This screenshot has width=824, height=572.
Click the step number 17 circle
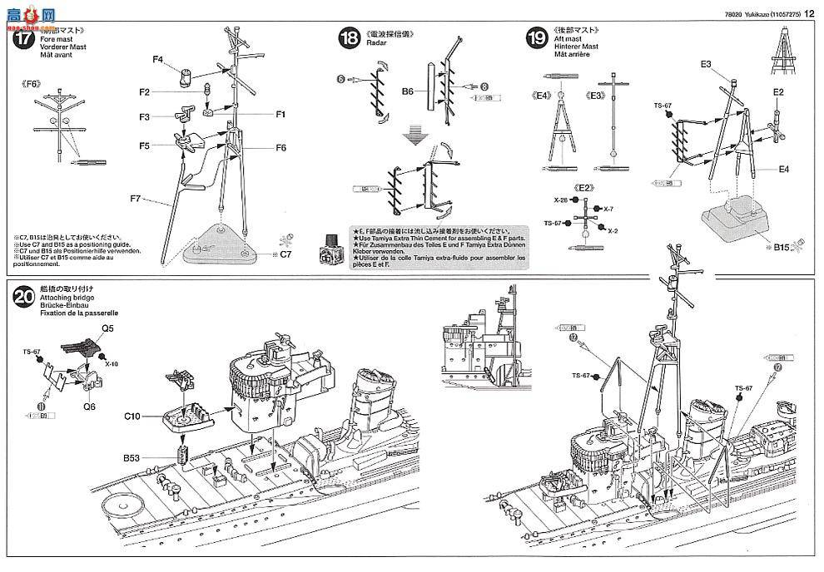coord(22,38)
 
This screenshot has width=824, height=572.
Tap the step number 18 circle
coord(350,37)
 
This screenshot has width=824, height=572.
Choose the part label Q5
coord(108,327)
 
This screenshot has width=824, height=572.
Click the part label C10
coord(134,414)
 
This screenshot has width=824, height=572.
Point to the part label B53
coord(132,456)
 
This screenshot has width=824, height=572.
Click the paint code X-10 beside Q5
coord(112,363)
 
